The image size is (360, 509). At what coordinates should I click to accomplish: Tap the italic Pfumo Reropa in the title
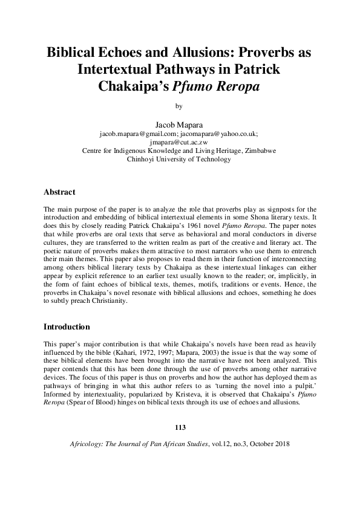click(216, 86)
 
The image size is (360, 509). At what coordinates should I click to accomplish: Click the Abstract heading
click(59, 192)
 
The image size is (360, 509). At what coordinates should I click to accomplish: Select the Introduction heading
click(67, 327)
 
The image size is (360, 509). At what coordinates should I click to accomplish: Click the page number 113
click(179, 428)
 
